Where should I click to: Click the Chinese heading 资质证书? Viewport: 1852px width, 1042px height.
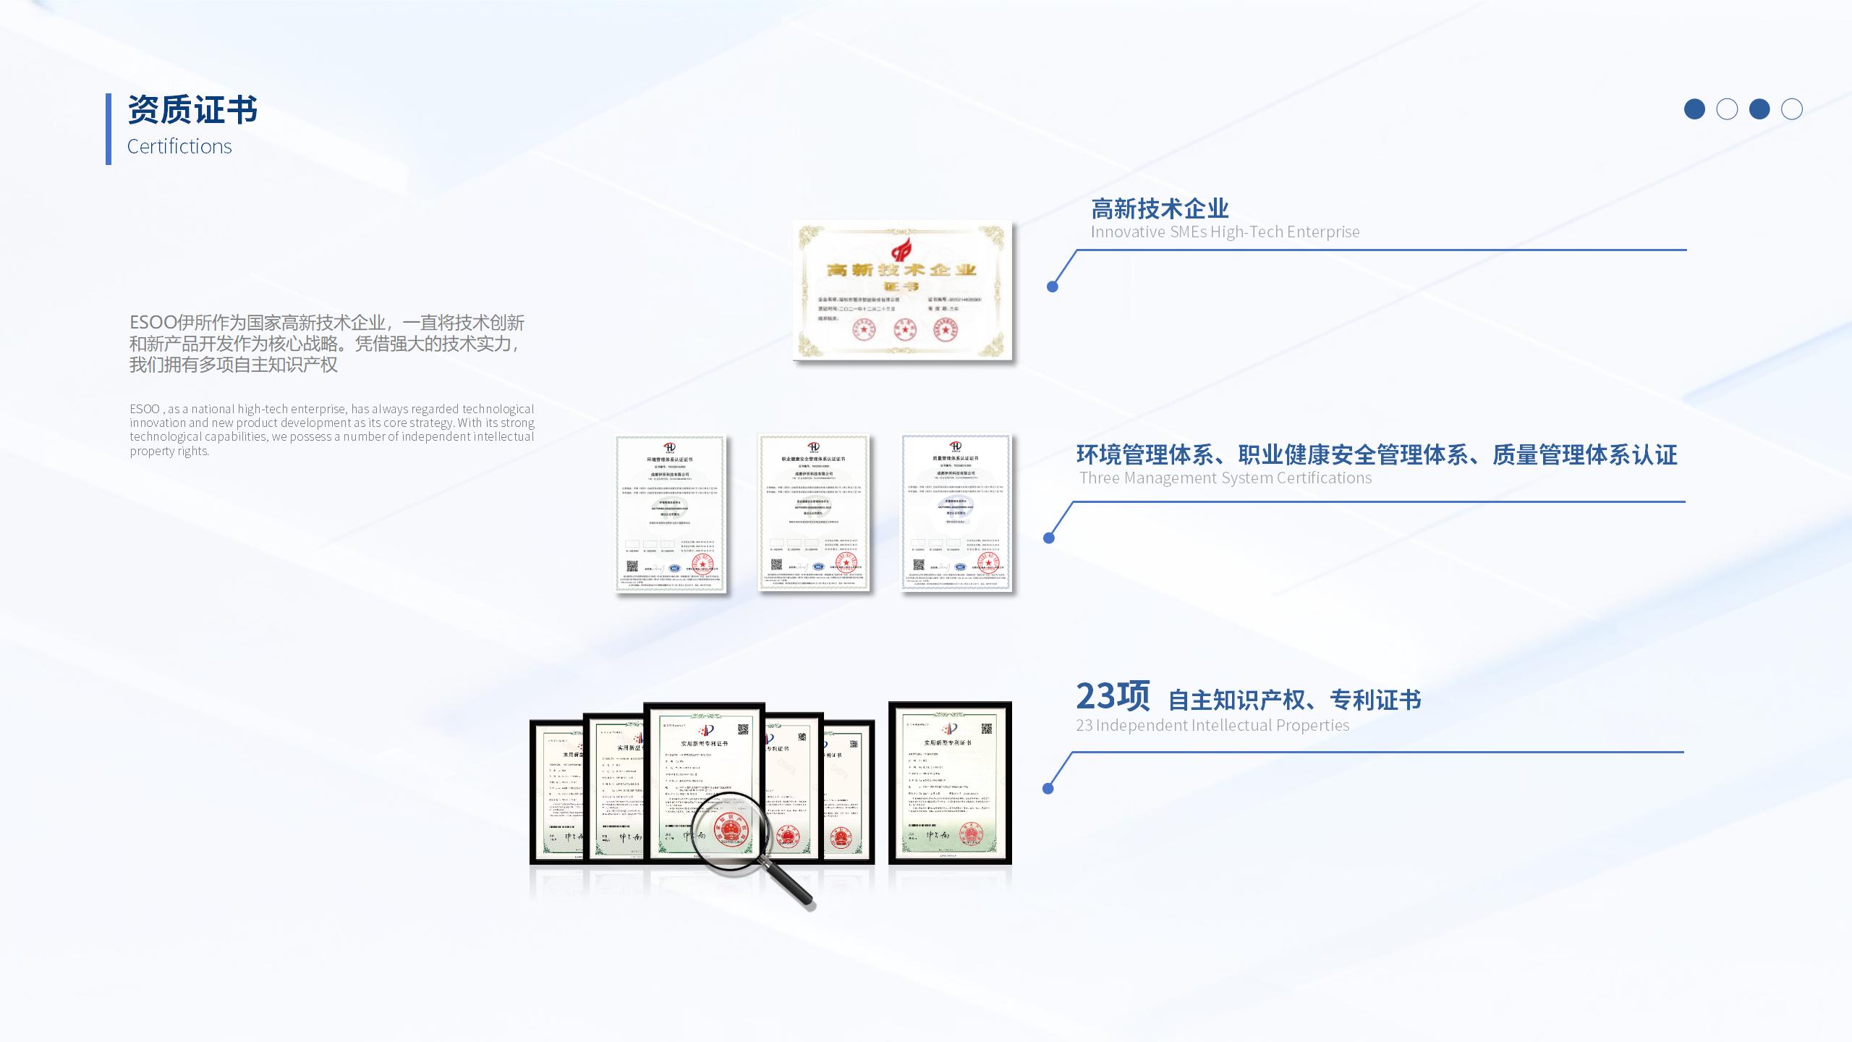192,110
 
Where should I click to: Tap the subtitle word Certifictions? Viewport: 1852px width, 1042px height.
179,146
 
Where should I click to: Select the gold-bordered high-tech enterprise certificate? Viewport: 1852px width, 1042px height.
902,290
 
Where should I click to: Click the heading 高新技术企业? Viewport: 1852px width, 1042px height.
1160,209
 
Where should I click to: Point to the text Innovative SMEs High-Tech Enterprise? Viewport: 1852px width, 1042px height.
1225,232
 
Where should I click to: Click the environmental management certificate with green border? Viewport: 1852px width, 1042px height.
671,514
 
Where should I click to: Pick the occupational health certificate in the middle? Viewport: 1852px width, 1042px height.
813,512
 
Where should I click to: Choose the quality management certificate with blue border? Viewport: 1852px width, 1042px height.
956,512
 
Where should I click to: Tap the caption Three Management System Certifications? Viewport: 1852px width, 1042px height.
1226,478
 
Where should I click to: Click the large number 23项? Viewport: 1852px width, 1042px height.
1112,696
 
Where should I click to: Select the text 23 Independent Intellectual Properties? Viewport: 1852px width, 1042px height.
1212,726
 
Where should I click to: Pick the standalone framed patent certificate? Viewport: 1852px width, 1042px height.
950,783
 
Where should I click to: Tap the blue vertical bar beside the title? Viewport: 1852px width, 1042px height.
109,129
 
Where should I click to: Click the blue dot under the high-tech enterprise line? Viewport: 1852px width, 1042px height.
1053,287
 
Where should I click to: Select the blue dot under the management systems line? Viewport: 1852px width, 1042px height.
1049,538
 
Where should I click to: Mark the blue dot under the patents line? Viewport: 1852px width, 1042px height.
1048,789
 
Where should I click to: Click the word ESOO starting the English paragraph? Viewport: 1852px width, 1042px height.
145,410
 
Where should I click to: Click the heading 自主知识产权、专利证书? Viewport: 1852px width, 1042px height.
1294,700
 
